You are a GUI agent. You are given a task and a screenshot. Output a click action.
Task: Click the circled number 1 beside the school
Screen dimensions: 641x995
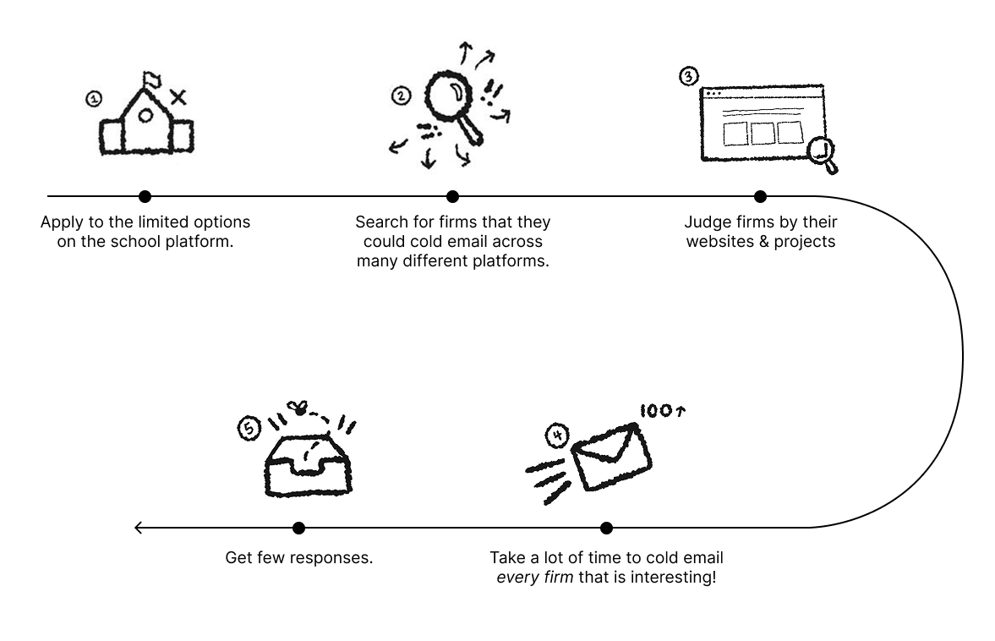[94, 99]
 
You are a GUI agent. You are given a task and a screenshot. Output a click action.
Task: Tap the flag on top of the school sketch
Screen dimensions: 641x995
[151, 79]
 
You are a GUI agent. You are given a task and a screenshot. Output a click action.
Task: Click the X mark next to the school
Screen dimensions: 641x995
[178, 98]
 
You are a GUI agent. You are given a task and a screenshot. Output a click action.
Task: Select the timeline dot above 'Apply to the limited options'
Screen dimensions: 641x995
[145, 196]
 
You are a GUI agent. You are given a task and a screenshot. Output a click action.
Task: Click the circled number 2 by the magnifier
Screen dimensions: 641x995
[401, 96]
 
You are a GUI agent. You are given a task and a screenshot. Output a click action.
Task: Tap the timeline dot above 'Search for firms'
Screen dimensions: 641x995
[452, 196]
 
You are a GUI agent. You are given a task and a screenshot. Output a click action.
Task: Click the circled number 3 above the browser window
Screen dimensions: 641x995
[690, 76]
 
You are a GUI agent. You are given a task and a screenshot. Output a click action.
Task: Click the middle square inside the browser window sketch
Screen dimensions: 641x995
[763, 134]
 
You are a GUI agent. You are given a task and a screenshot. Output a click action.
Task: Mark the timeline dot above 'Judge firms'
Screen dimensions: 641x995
[760, 196]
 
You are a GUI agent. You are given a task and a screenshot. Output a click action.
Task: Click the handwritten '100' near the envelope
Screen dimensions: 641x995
[655, 411]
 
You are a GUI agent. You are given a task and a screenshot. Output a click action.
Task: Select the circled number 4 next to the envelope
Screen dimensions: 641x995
[557, 437]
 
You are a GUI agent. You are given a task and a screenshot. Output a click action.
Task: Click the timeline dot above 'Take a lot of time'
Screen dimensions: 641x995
[606, 528]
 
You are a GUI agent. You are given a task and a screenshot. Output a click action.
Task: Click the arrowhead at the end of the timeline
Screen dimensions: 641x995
[138, 528]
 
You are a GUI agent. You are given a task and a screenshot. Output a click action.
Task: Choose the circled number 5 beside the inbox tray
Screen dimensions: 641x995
[249, 430]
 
